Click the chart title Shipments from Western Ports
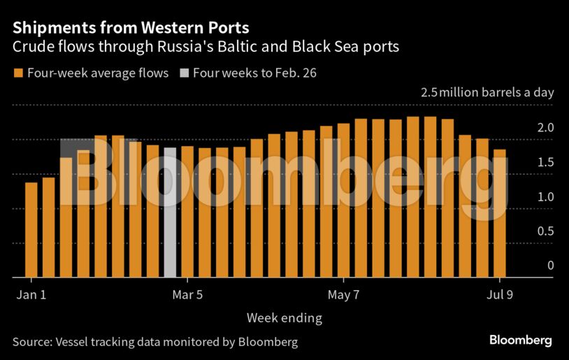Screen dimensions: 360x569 click(131, 29)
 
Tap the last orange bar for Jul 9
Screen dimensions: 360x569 click(499, 213)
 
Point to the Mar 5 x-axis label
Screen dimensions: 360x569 click(187, 295)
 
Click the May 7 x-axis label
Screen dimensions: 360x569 click(343, 295)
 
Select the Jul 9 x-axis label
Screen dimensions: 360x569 click(499, 295)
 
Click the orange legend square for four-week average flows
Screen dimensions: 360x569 click(18, 73)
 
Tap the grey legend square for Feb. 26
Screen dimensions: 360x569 click(184, 73)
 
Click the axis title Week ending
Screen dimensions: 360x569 click(284, 318)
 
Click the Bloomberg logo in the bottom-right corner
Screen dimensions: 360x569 click(520, 340)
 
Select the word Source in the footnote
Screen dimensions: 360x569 click(31, 342)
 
